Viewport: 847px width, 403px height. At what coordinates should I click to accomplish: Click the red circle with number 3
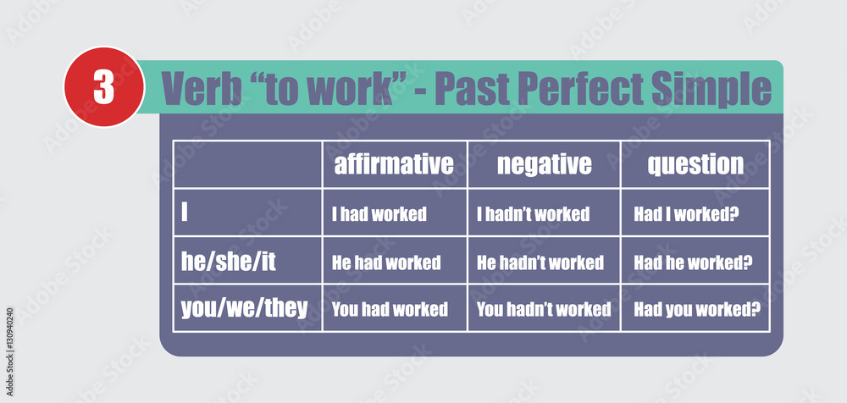104,87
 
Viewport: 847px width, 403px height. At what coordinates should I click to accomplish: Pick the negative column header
544,163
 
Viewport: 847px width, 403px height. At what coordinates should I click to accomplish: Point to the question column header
695,163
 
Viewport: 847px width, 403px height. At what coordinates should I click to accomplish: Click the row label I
185,213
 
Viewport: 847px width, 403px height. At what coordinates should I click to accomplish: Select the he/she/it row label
229,261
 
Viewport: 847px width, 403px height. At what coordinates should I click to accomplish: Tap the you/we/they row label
245,307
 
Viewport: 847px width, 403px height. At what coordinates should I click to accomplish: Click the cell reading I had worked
379,214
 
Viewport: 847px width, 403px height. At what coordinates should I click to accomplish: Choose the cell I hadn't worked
533,214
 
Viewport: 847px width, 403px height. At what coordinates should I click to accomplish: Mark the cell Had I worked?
687,214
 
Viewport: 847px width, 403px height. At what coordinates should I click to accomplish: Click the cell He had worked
385,262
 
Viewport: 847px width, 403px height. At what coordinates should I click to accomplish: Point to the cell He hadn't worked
540,262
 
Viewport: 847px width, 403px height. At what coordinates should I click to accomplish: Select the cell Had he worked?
693,262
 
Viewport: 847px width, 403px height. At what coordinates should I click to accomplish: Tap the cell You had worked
390,309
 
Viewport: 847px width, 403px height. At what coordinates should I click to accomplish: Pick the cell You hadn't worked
544,309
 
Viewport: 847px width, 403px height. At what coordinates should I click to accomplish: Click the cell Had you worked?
697,309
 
